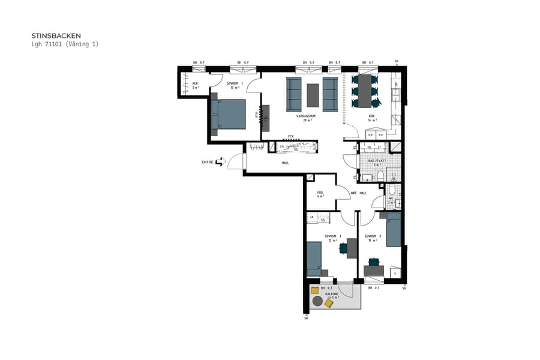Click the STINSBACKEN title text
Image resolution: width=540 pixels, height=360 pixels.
point(56,35)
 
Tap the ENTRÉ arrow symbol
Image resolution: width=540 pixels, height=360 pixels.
point(220,162)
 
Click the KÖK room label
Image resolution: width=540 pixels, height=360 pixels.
point(371,116)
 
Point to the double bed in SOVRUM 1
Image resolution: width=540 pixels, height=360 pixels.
point(229,114)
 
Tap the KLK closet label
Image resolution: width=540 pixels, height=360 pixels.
point(195,84)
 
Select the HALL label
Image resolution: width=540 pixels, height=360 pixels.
point(286,163)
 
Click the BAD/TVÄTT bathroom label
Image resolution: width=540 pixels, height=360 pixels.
point(377,161)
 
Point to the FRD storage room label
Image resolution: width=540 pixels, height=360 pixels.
point(320,193)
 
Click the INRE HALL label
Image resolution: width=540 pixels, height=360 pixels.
point(359,193)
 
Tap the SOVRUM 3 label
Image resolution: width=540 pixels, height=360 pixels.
point(332,236)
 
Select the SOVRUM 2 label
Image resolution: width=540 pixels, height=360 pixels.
point(373,236)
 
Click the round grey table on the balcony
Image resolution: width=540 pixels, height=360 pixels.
point(317,302)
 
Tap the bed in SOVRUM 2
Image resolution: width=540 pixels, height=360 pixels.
point(393,233)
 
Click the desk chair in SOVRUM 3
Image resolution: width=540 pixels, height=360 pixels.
point(343,248)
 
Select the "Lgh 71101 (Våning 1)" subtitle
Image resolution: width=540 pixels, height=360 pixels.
point(64,44)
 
